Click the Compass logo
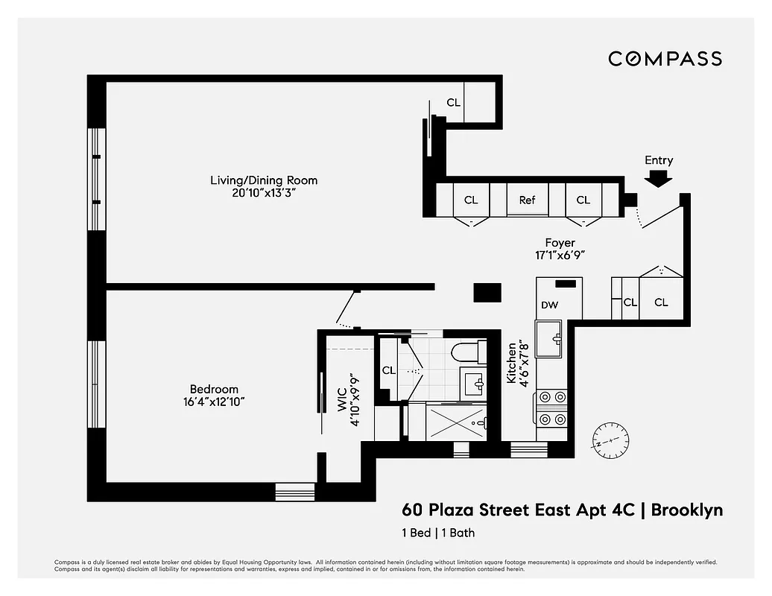coord(665,58)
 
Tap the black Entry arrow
coord(658,179)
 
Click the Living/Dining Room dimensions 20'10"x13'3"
coord(263,193)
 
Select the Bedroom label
coord(214,389)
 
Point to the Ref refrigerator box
coord(527,200)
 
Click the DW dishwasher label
coord(549,305)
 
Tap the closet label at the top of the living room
coord(453,103)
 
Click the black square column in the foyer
coord(488,292)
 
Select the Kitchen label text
coord(512,362)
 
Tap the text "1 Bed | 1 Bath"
coord(438,533)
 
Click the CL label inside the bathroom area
coord(388,370)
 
